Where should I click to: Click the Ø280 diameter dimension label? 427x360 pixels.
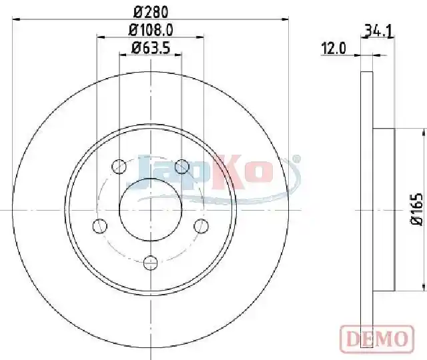[151, 12]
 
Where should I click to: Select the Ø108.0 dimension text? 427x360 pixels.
[151, 30]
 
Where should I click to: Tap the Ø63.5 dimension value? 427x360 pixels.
[151, 48]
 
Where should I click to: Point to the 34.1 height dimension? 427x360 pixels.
[379, 31]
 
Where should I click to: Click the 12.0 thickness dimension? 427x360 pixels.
[334, 49]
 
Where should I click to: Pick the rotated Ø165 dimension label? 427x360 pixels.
[416, 209]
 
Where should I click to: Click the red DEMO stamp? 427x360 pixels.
[377, 339]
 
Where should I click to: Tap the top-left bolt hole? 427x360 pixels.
[119, 166]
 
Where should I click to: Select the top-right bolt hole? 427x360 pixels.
[181, 166]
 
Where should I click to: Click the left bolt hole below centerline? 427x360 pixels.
[100, 226]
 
